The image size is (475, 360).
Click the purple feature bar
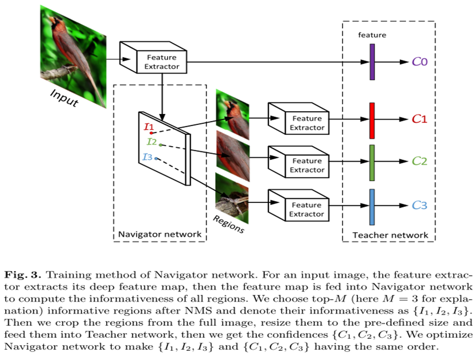click(x=372, y=61)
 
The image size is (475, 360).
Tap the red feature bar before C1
click(x=372, y=120)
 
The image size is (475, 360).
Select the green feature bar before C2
click(x=372, y=162)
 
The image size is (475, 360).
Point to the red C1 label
click(x=419, y=120)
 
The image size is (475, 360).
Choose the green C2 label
click(x=419, y=162)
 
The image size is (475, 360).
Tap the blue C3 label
click(x=419, y=205)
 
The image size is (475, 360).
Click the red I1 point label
click(x=149, y=126)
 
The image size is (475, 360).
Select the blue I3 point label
click(x=147, y=156)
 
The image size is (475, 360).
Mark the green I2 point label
click(x=151, y=142)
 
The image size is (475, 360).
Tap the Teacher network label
click(x=390, y=235)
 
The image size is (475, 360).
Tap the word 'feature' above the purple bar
click(x=372, y=35)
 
